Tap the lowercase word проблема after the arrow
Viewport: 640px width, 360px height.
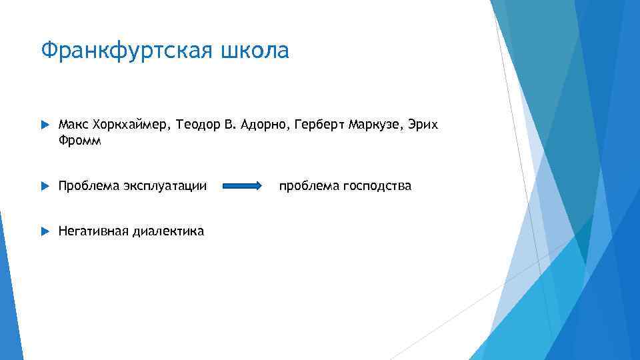[309, 186]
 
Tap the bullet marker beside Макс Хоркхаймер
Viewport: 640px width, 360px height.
[45, 125]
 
